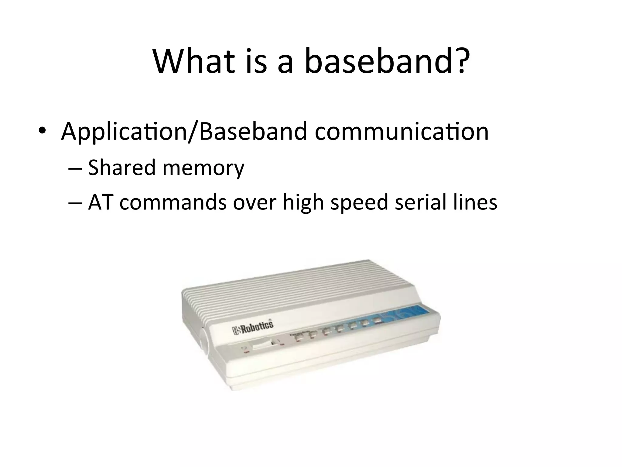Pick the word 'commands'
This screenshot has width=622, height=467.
(x=173, y=202)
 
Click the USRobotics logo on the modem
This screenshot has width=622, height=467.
(x=253, y=327)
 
